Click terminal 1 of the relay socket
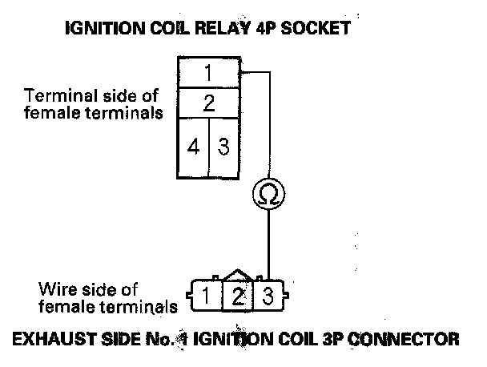[208, 74]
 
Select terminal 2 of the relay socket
[208, 103]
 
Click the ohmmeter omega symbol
[267, 192]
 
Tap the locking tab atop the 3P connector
[237, 275]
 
